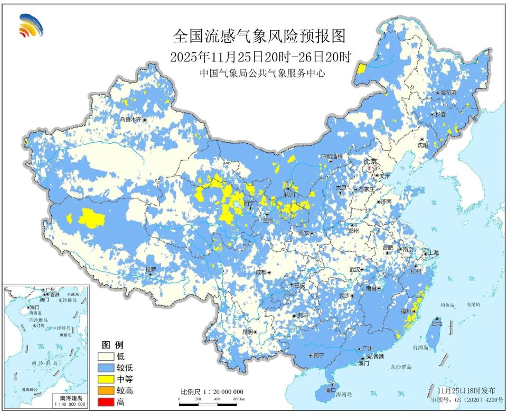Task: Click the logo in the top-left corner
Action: pyautogui.click(x=31, y=26)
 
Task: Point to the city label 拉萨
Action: pyautogui.click(x=151, y=269)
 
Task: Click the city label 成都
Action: pyautogui.click(x=261, y=272)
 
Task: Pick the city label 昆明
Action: pyautogui.click(x=247, y=332)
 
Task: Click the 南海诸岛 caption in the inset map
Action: pyautogui.click(x=67, y=397)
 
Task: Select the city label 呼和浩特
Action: pyautogui.click(x=332, y=157)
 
